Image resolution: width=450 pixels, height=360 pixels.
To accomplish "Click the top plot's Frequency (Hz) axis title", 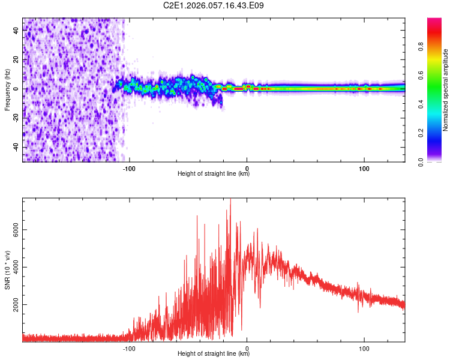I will (x=7, y=89).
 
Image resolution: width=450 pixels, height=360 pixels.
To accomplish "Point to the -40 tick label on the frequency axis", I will (x=15, y=148).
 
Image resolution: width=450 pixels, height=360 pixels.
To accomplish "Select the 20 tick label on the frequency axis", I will (x=16, y=59).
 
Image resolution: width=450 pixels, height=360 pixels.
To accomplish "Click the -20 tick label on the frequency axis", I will (x=15, y=118).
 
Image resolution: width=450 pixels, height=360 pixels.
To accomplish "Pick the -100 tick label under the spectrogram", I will (x=129, y=168).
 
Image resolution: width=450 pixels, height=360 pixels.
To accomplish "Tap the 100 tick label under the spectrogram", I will (x=364, y=168).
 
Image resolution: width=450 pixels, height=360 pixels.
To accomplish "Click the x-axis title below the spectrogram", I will (x=214, y=174).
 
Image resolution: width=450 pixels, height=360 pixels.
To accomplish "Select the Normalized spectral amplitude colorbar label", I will (x=446, y=90).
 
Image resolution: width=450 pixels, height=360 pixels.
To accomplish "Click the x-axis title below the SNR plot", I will (x=214, y=354).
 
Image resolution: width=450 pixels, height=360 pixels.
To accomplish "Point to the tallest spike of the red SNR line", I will (x=230, y=200).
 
